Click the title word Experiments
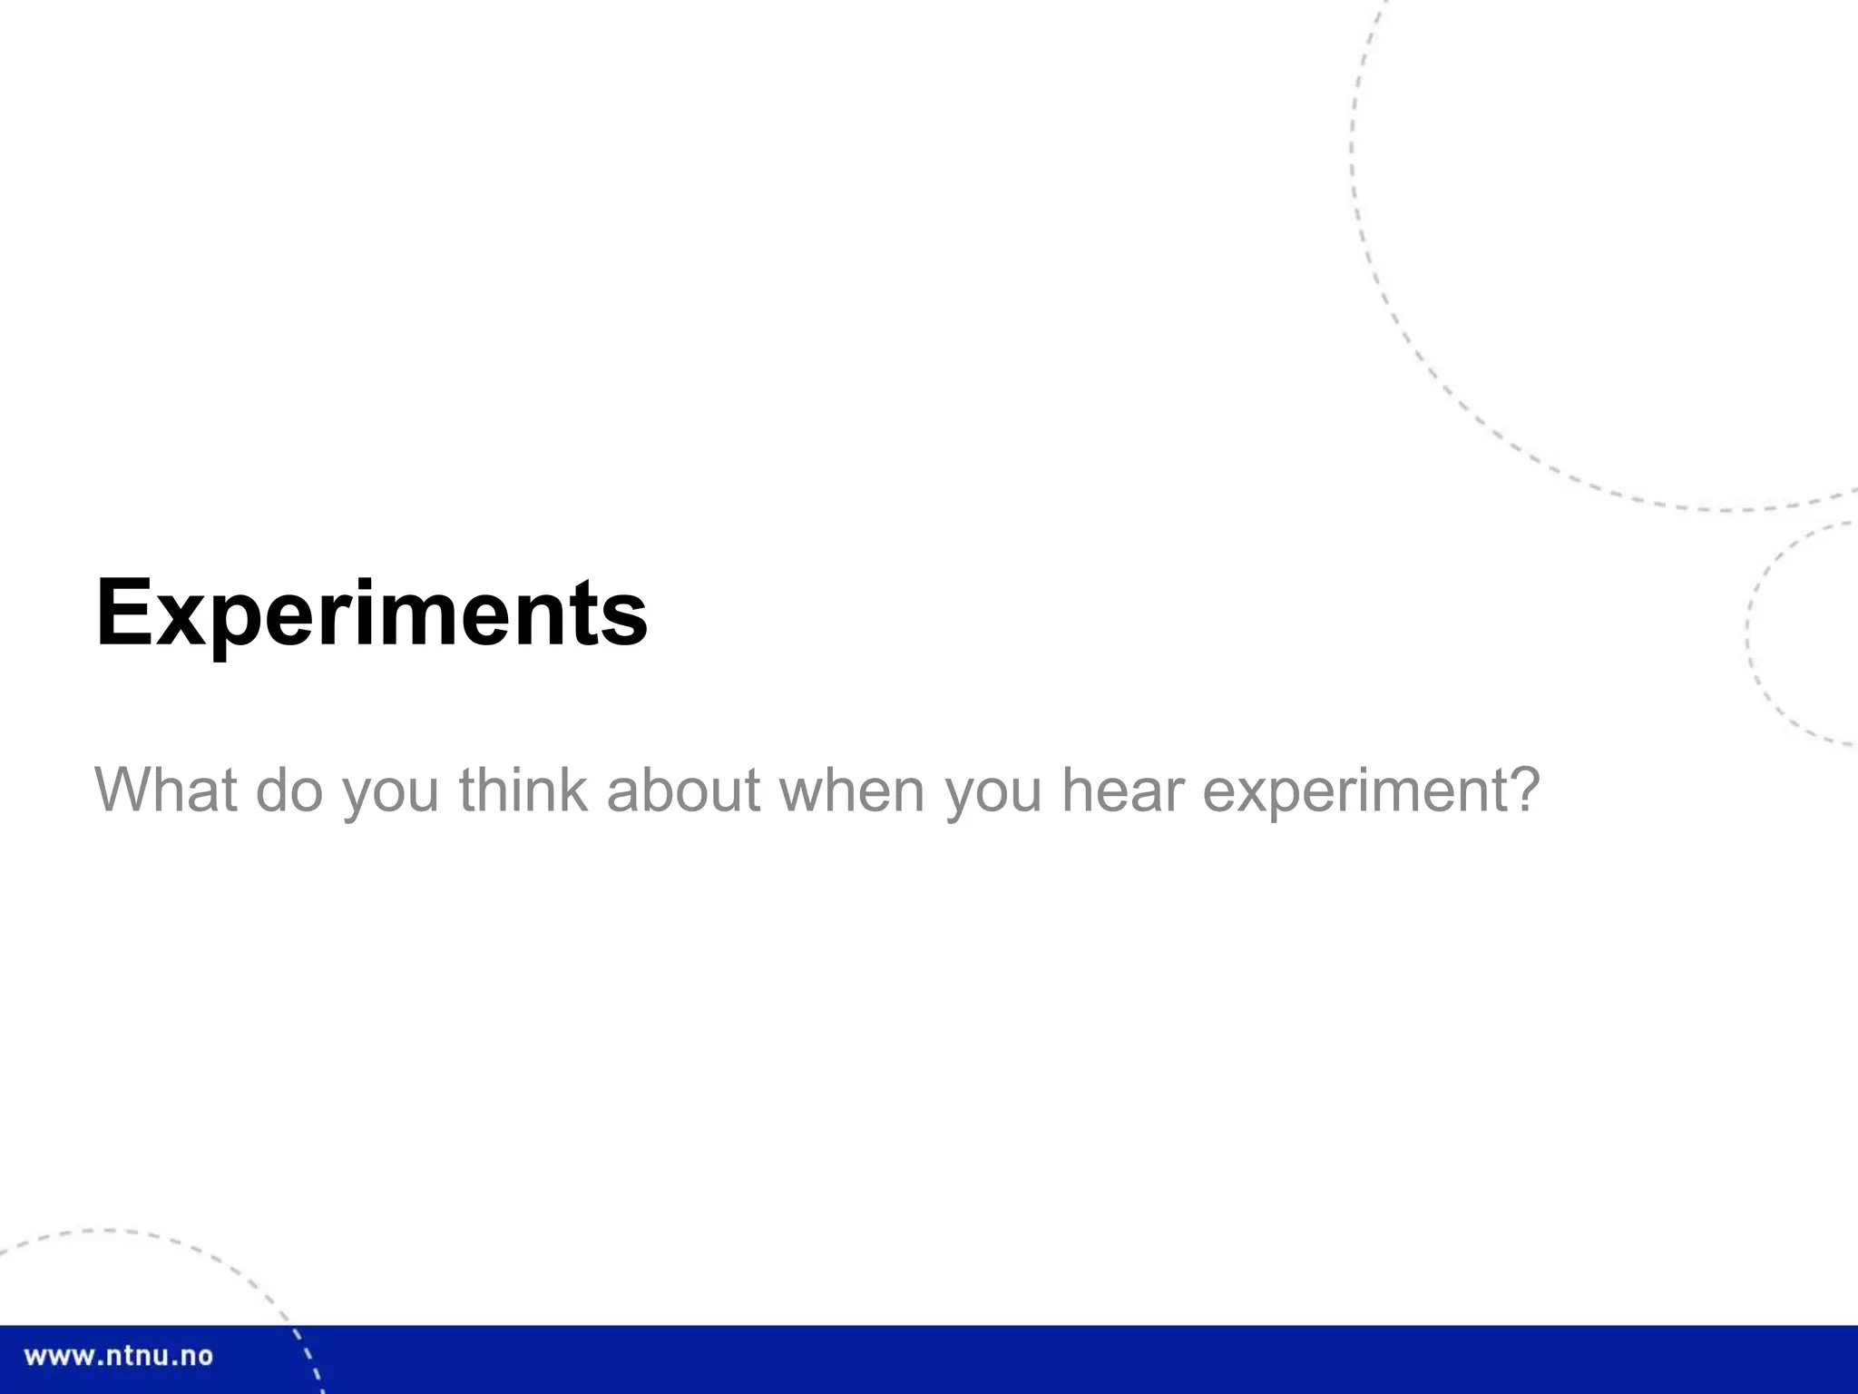pos(371,614)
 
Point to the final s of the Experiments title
pos(629,622)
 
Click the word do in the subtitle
pos(289,790)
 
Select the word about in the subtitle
pos(683,790)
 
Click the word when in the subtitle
pos(852,790)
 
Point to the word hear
pos(1123,790)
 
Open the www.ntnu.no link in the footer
pos(118,1357)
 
